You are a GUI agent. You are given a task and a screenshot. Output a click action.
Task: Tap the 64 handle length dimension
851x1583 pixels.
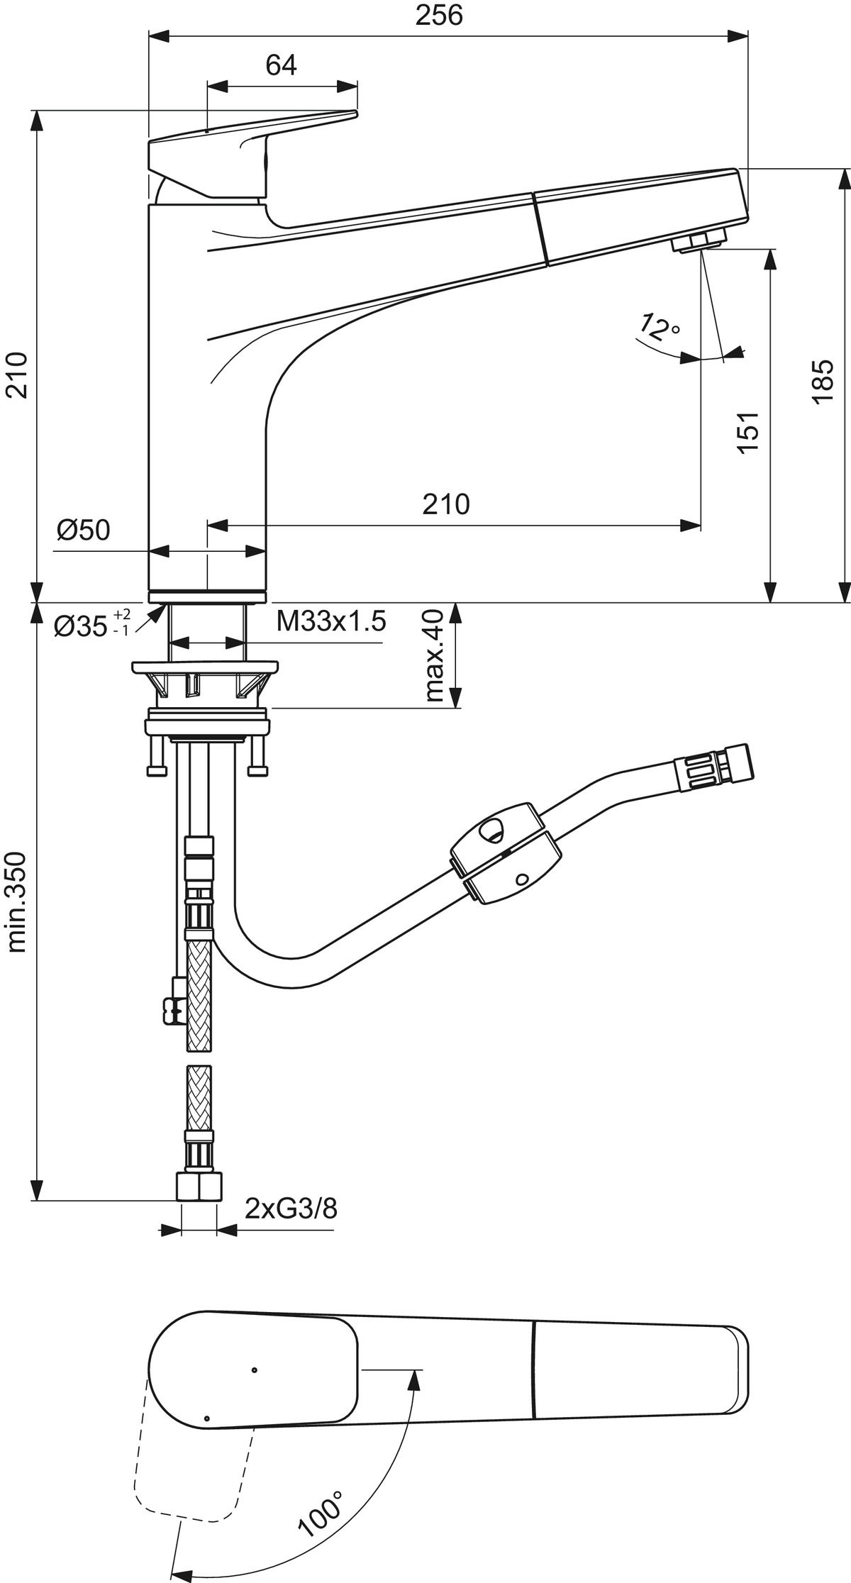pos(281,65)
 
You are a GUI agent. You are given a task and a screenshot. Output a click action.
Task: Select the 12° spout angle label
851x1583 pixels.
pos(659,327)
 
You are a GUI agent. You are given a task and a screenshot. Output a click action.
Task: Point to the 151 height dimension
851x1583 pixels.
pos(749,432)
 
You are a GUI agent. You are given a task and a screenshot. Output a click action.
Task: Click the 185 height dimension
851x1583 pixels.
pos(823,382)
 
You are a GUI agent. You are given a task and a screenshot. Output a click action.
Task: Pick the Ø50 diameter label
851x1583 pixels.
pos(84,530)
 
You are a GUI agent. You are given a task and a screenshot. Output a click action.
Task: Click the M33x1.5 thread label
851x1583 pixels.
pos(331,622)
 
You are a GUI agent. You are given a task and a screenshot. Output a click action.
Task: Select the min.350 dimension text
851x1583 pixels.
pos(16,901)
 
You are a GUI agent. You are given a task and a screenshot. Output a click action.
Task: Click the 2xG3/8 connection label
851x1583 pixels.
pos(291,1208)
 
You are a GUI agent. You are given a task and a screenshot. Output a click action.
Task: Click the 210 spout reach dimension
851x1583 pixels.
pos(447,505)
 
